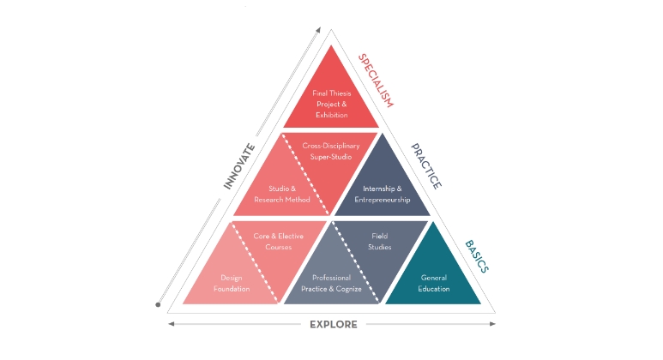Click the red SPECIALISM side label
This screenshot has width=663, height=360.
point(376,81)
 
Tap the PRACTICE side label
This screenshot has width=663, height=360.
point(426,166)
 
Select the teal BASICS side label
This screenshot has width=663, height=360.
point(477,256)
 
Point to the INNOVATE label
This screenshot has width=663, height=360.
point(239,166)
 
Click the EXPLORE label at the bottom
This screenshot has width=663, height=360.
point(334,325)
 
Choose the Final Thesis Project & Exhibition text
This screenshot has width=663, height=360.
point(331,104)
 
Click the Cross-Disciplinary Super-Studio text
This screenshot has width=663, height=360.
point(331,151)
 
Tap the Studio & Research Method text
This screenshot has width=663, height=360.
point(282,195)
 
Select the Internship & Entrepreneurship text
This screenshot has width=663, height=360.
point(383,195)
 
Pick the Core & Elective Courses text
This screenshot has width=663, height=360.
point(278,242)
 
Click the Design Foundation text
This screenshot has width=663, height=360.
point(232,284)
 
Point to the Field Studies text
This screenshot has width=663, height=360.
point(380,242)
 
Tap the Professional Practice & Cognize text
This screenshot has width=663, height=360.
point(331,284)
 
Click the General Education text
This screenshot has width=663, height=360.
point(434,284)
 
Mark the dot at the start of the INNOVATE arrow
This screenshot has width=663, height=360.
point(158,304)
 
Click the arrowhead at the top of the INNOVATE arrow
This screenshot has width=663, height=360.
point(318,30)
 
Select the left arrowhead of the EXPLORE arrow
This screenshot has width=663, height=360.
point(172,324)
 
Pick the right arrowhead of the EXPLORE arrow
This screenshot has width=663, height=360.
point(492,324)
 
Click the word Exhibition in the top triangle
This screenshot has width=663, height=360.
point(331,115)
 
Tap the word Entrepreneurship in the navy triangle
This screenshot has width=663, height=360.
point(383,200)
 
